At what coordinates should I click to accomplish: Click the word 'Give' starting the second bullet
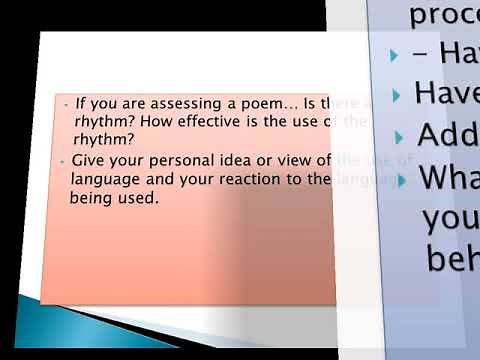pos(88,162)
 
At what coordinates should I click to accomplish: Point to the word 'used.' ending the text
pos(137,198)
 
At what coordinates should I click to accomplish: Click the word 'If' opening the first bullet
pos(79,104)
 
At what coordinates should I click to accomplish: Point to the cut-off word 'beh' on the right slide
pos(452,259)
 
